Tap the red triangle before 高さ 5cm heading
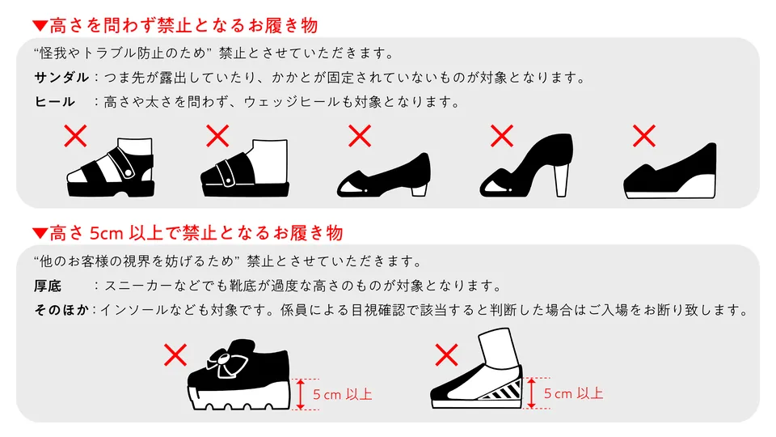point(40,235)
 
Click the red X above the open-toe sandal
point(76,136)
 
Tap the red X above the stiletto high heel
point(502,136)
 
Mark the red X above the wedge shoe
point(644,136)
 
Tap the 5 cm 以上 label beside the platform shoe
point(342,395)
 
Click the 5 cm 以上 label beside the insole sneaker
point(573,394)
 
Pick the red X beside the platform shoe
point(175,354)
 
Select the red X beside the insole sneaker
point(446,354)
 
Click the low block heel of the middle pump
point(420,190)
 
